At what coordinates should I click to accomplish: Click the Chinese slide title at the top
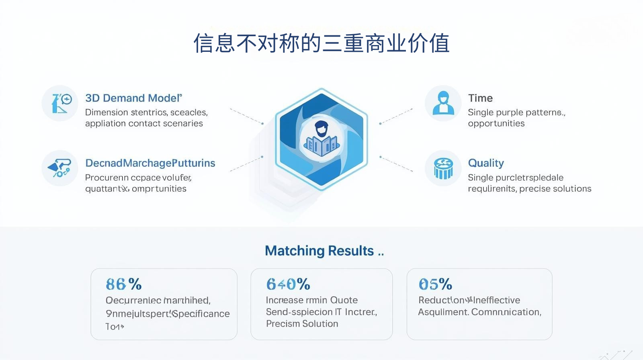coord(321,43)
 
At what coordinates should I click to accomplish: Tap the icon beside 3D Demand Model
coord(60,103)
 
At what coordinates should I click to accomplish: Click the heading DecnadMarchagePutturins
coord(150,163)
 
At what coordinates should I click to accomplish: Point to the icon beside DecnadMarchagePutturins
coord(60,168)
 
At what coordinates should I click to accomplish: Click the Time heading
coord(480,98)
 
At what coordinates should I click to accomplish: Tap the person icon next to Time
coord(443,103)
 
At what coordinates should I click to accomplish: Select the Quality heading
coord(486,163)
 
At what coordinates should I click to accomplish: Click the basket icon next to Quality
coord(443,168)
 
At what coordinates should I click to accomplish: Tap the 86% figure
coord(123,284)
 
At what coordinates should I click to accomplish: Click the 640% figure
coord(288,284)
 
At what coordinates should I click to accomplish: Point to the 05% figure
coord(435,284)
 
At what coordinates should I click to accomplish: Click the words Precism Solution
coord(302,324)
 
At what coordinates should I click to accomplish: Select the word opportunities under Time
coord(496,124)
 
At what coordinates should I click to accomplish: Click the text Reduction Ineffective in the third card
coord(469,300)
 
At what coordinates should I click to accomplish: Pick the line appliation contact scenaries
coord(144,124)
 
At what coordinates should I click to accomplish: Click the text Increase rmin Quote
coord(311,300)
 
